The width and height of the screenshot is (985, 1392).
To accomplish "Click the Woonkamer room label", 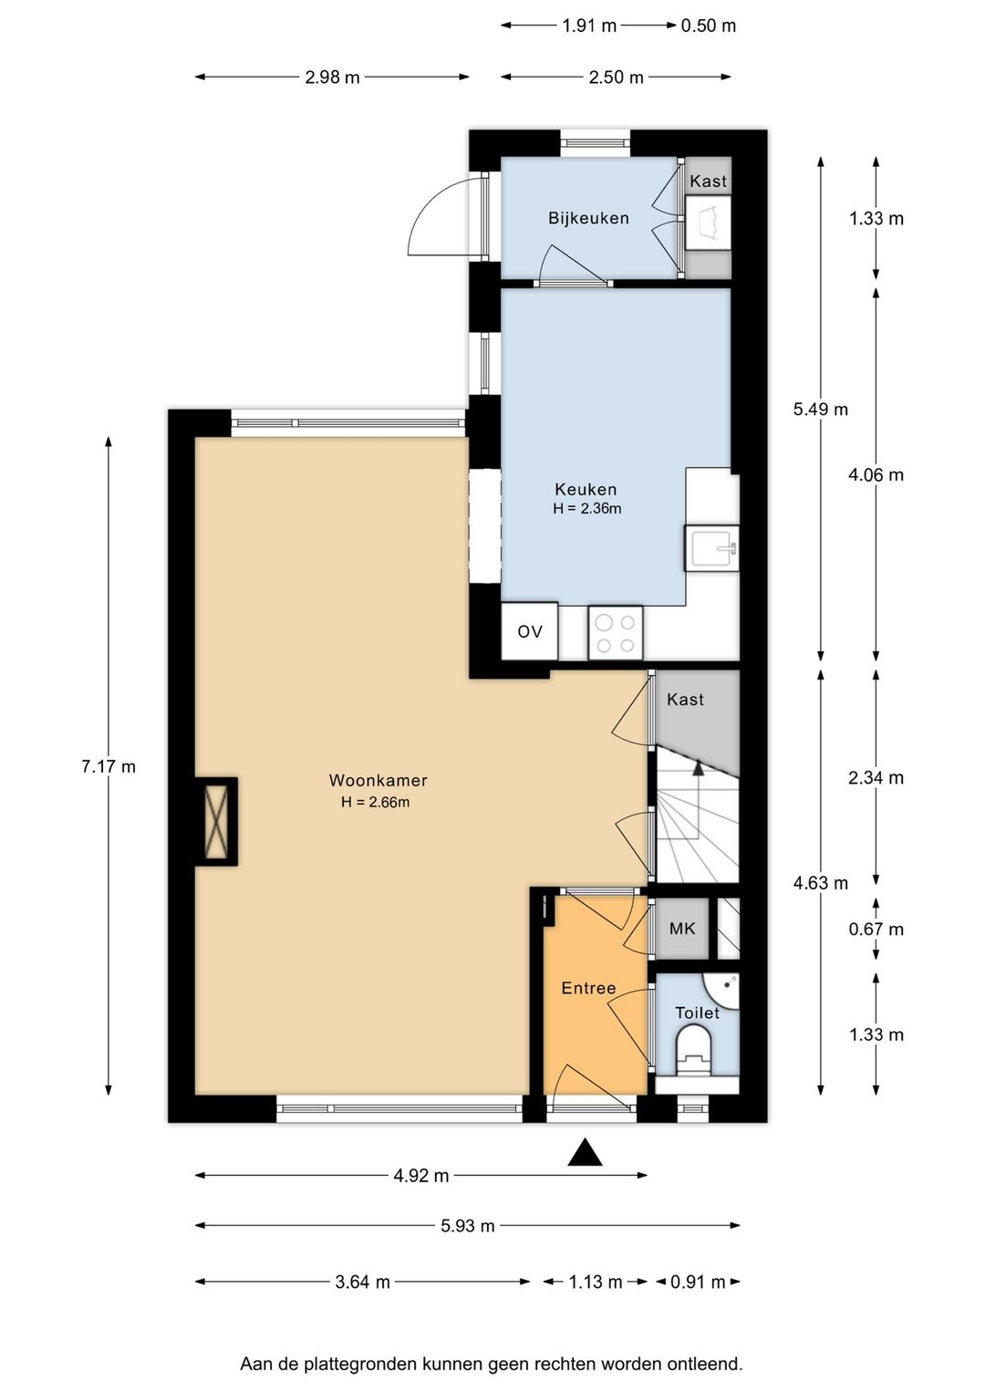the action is click(x=378, y=780).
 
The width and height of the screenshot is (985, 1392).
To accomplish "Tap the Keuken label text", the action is click(x=586, y=489).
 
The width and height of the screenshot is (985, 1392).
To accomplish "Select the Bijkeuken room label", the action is click(x=588, y=217).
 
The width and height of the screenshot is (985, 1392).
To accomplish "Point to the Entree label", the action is click(x=588, y=988).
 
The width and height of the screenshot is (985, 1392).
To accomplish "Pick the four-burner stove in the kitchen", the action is click(x=616, y=633).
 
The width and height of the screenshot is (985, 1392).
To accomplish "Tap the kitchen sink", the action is click(x=711, y=548).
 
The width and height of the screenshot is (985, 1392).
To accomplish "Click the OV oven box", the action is click(x=530, y=631).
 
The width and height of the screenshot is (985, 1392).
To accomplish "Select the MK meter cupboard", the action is click(x=681, y=929).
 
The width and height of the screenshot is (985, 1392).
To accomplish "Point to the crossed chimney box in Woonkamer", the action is click(x=217, y=821).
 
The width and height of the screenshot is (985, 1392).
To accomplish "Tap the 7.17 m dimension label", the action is click(x=109, y=766).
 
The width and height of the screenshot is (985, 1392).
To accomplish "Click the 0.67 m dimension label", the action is click(x=876, y=929).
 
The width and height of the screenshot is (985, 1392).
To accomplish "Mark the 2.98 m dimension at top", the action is click(x=332, y=77).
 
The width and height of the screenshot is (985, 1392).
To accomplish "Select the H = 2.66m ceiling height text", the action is click(x=376, y=802).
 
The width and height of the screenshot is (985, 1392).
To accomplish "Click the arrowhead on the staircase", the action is click(x=699, y=768).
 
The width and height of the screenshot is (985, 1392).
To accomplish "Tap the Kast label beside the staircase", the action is click(x=685, y=699).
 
